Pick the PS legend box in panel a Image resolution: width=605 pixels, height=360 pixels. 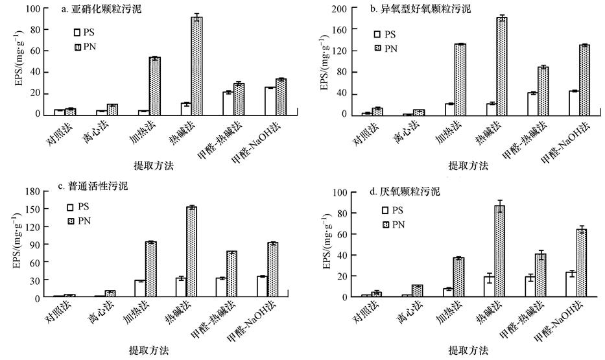coord(77,32)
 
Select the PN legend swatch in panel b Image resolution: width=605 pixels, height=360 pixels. coord(377,49)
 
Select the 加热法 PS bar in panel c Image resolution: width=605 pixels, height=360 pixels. coord(139,289)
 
